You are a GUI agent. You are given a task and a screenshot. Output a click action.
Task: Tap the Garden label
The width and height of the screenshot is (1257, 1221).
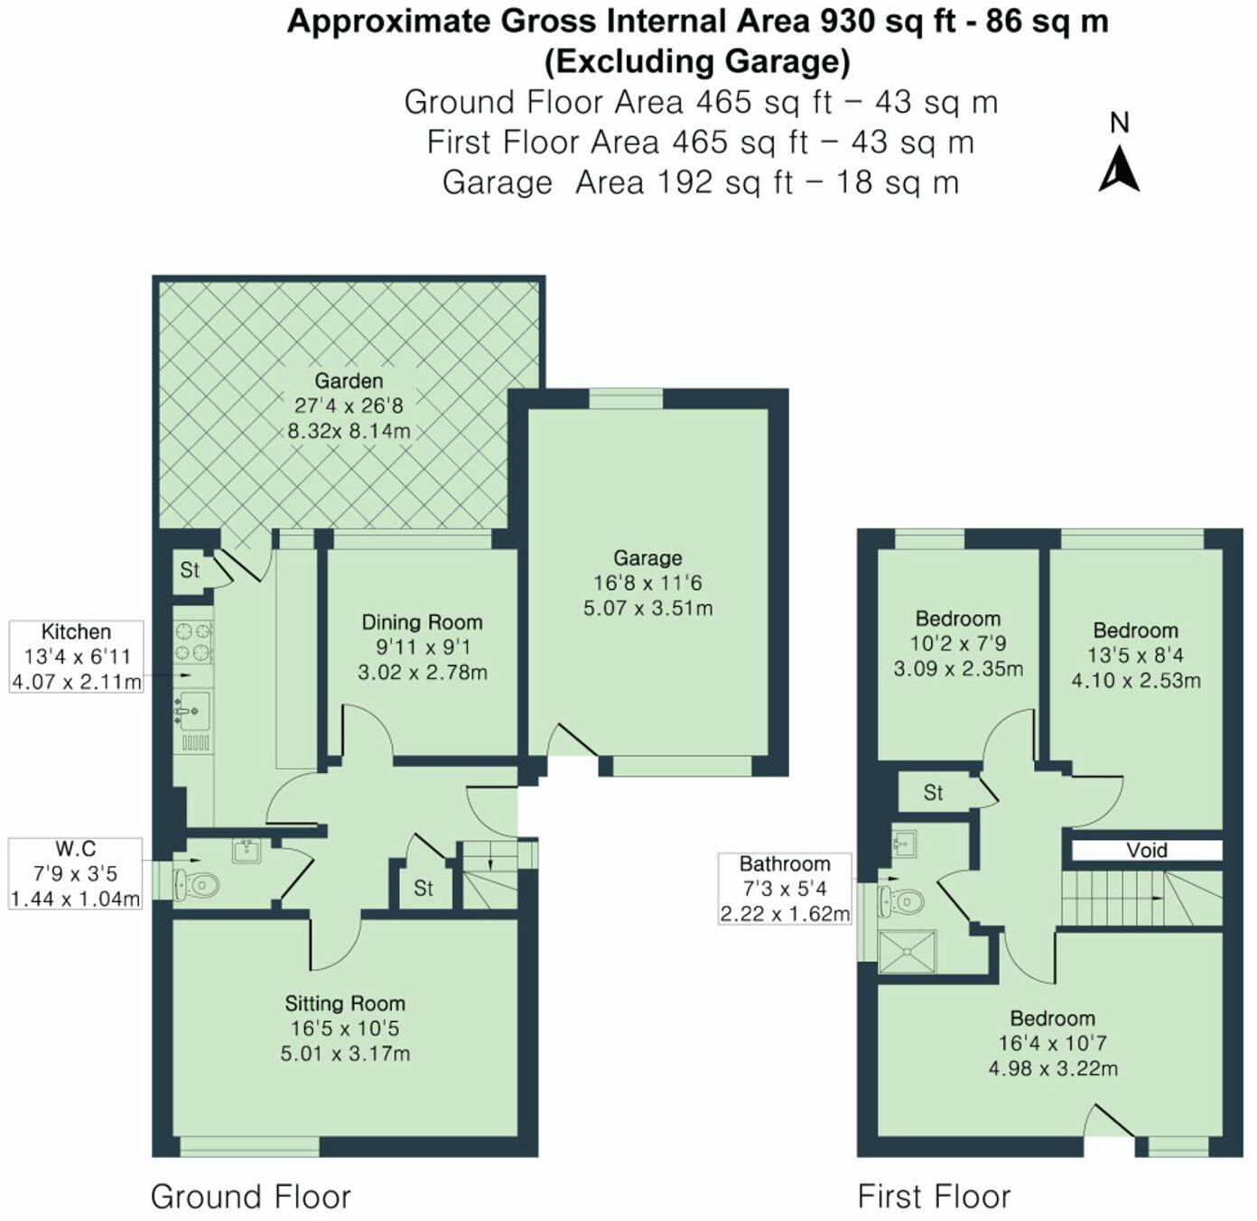point(349,381)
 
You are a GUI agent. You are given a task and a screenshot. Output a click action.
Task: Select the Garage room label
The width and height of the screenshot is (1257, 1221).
point(647,558)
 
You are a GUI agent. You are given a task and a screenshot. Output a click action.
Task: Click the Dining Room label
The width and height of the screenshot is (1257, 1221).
point(422,622)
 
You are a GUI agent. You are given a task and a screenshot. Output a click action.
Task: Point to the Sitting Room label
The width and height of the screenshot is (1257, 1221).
point(345,1003)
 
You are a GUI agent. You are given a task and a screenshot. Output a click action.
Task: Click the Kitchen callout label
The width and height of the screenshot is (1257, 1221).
point(76,632)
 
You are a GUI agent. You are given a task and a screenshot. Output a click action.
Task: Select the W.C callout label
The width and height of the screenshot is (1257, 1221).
point(76,849)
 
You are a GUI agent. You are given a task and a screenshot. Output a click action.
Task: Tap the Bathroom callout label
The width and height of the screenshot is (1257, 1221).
point(784,864)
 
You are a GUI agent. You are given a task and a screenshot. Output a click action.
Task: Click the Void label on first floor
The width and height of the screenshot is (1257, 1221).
point(1146,851)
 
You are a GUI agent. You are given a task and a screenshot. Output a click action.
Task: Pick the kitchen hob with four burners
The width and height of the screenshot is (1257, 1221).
point(192,641)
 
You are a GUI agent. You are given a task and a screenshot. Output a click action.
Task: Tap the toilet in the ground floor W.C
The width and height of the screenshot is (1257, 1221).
point(197,884)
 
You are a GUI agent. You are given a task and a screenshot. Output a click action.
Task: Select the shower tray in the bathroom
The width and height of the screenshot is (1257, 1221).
point(908,952)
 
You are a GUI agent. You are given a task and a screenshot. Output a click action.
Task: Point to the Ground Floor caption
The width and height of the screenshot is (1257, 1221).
point(250,1197)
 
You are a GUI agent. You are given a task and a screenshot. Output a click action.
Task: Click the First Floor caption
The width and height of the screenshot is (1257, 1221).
point(934,1197)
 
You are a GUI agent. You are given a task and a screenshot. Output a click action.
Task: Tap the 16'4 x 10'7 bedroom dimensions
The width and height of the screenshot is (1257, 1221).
point(1052,1044)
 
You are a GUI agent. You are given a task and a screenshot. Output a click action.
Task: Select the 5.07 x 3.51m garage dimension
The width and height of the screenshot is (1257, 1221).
point(647,609)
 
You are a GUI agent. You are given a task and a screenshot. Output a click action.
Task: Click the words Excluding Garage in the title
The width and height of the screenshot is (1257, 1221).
point(697,61)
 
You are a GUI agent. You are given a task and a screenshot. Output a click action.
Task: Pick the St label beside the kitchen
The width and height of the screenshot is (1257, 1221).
point(190,570)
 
